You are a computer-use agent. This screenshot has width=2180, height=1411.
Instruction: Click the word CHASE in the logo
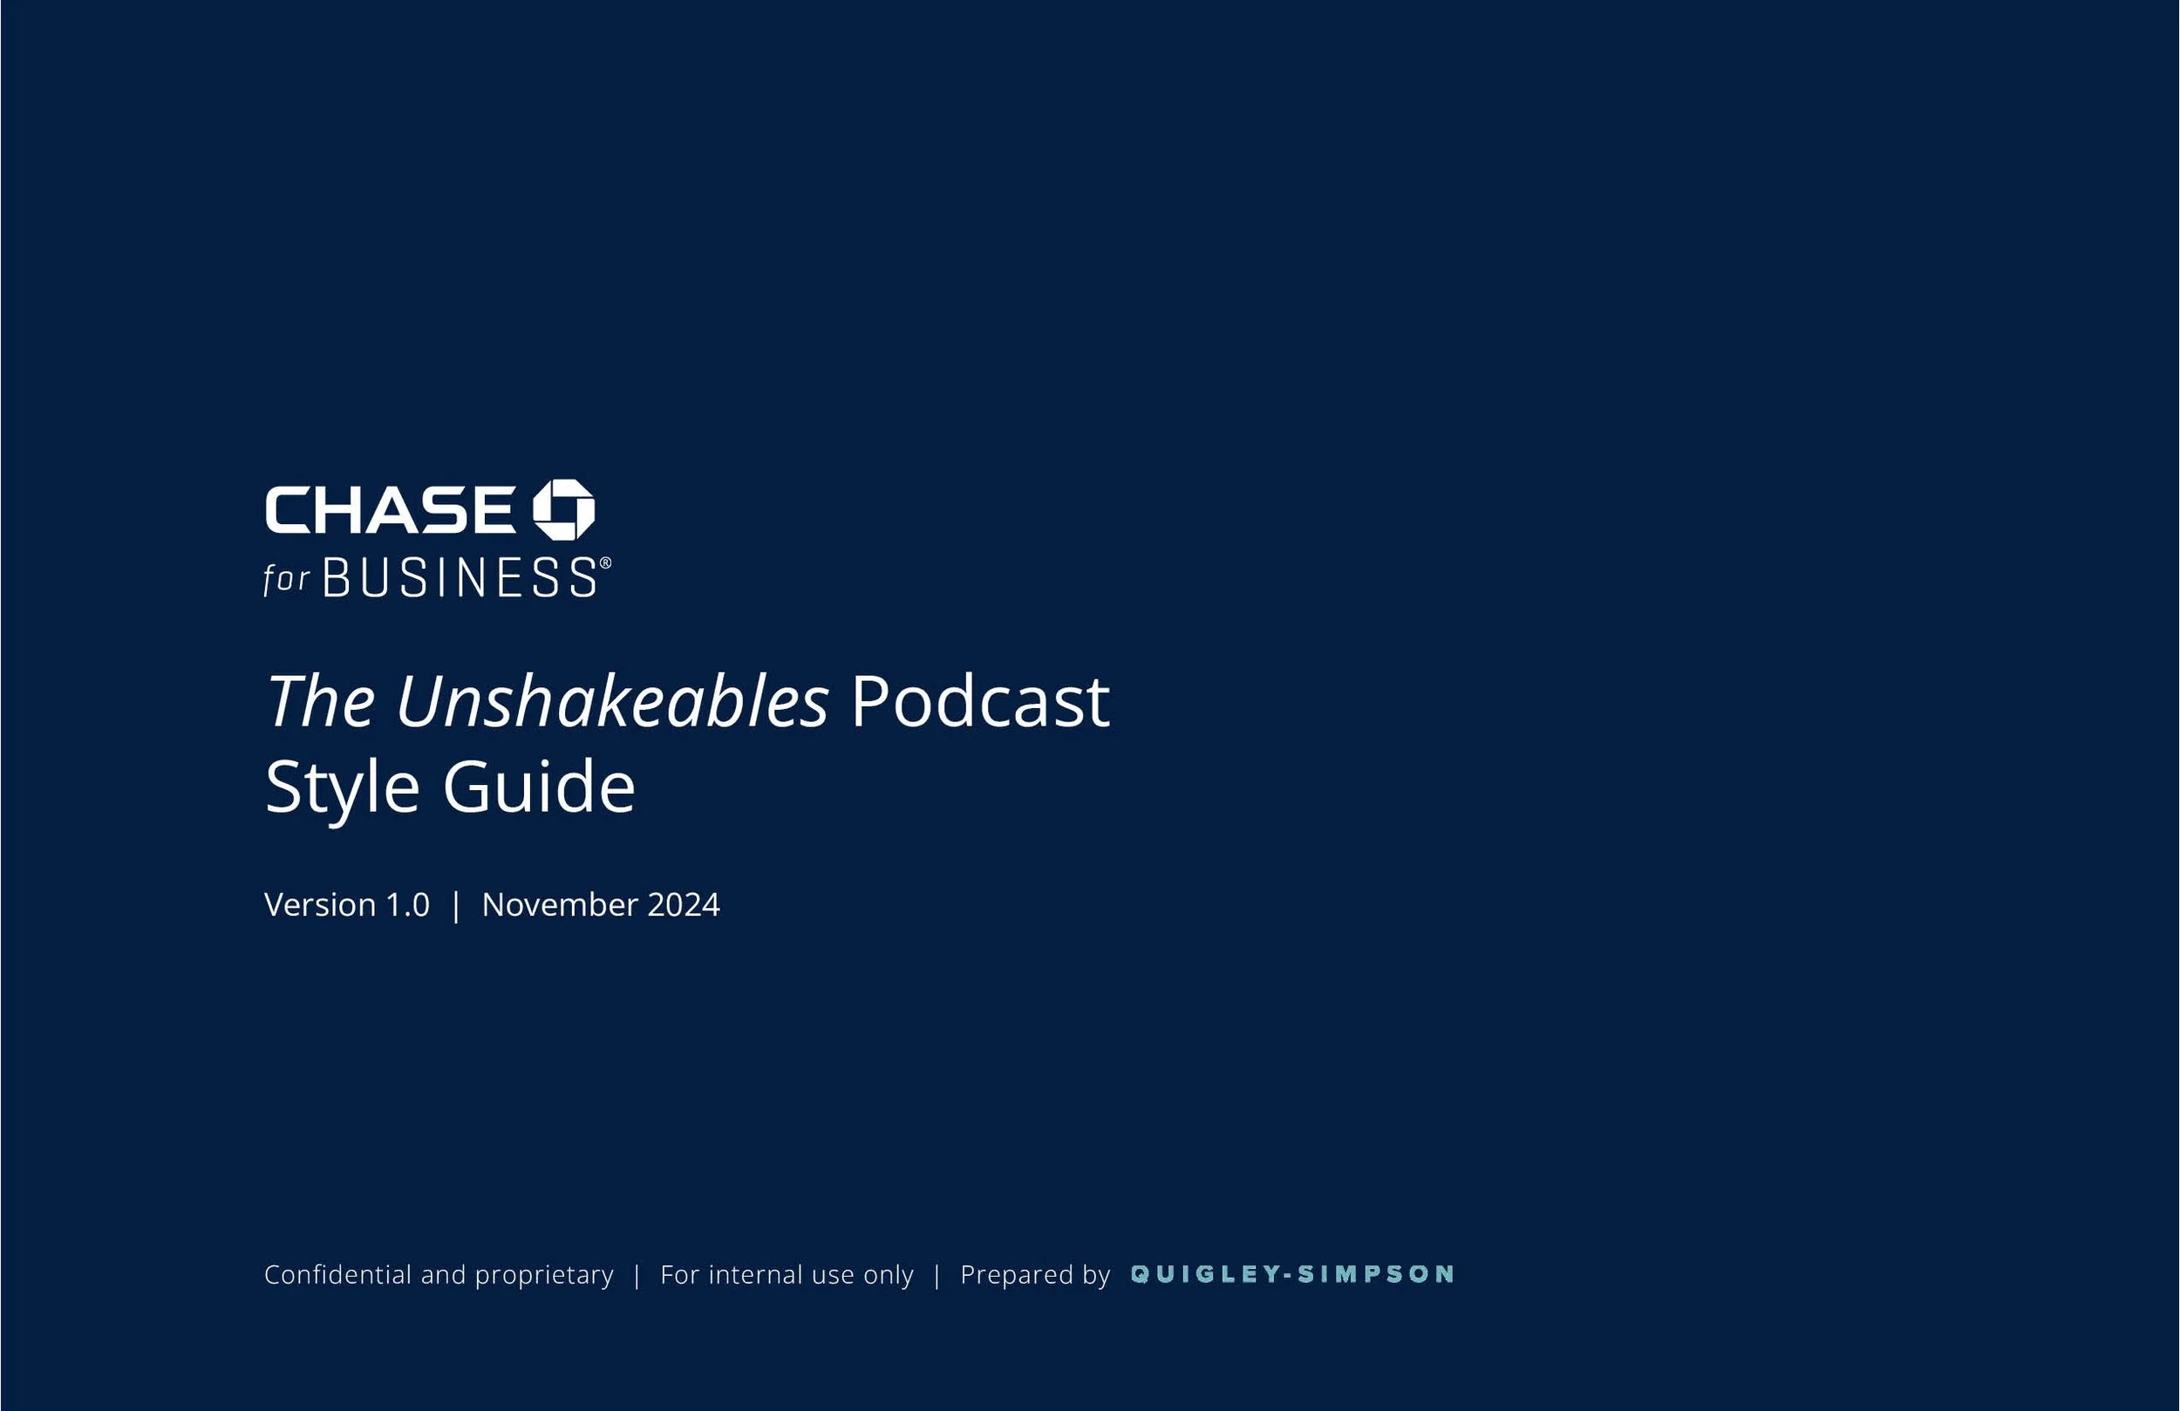tap(389, 509)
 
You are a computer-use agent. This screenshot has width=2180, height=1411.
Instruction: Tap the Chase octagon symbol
tap(564, 509)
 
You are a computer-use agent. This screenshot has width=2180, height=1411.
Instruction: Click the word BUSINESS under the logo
tap(460, 578)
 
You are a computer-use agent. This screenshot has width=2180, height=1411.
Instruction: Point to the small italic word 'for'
tap(286, 579)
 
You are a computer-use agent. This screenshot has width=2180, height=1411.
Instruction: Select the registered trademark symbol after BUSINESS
tap(605, 562)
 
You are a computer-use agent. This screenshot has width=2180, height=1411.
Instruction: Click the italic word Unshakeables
tap(612, 702)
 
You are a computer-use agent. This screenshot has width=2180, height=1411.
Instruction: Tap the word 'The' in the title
tap(321, 702)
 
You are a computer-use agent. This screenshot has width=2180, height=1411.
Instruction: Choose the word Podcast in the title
tap(980, 702)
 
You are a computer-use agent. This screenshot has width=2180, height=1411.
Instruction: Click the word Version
tap(320, 904)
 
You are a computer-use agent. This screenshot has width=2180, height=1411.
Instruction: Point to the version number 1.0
tap(407, 904)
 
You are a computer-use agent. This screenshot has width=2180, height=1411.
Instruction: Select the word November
tap(560, 904)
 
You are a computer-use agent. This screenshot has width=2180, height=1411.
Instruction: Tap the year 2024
tap(684, 904)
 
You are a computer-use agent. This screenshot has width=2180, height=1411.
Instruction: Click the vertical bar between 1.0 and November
tap(456, 905)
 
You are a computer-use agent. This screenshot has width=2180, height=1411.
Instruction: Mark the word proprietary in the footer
tap(544, 1276)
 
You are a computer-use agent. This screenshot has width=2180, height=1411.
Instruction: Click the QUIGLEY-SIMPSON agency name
tap(1292, 1274)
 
